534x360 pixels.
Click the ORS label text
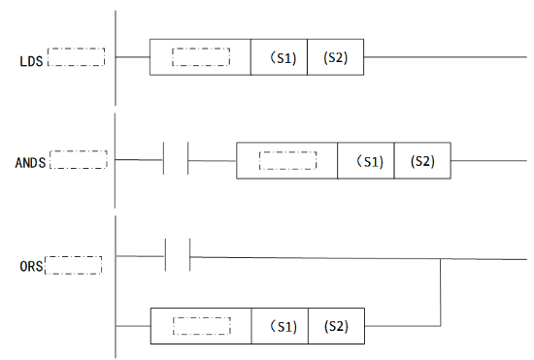[30, 263]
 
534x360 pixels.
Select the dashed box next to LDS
[76, 56]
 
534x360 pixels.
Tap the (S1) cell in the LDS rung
[279, 57]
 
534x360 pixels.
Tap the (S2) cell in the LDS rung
[335, 57]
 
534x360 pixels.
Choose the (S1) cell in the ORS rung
[280, 325]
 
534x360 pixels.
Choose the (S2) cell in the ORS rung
[336, 325]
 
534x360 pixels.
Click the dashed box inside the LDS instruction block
[201, 57]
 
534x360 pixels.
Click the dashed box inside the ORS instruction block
[201, 325]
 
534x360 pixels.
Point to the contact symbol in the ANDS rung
[176, 159]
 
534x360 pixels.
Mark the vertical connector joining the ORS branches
[442, 291]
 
